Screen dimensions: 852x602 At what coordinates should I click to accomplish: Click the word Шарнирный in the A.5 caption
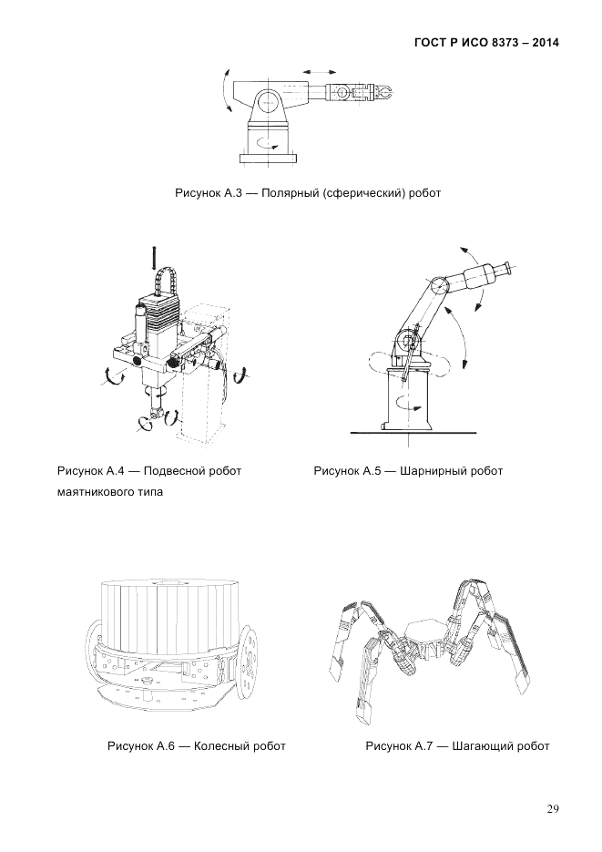[429, 471]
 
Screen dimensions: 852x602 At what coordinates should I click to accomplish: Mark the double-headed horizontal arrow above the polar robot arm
[318, 70]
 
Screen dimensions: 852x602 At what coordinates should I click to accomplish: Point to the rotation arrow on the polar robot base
[268, 141]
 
